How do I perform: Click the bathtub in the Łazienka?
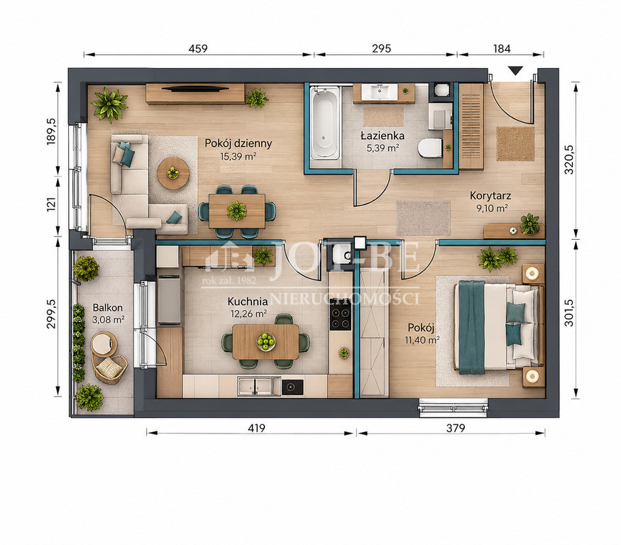coord(325,123)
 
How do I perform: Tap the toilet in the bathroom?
coord(430,148)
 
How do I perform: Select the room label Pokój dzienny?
coord(238,143)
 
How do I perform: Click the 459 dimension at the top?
coord(198,48)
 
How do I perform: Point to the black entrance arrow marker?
coord(516,70)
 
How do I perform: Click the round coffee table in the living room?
coord(172,173)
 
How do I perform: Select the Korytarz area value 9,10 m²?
coord(493,208)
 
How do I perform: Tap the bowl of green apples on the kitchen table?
coord(265,341)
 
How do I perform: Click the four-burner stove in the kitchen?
coord(340,317)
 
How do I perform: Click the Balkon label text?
coord(108,308)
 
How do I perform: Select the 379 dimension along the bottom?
coord(456,428)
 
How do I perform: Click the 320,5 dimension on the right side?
coord(569,160)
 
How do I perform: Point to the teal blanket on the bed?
coord(472,327)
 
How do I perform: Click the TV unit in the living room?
coord(196,94)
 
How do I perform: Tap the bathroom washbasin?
coord(380,92)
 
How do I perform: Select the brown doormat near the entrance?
coord(516,144)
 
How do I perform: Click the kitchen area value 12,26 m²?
coord(248,314)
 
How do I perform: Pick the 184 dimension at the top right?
coord(502,48)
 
